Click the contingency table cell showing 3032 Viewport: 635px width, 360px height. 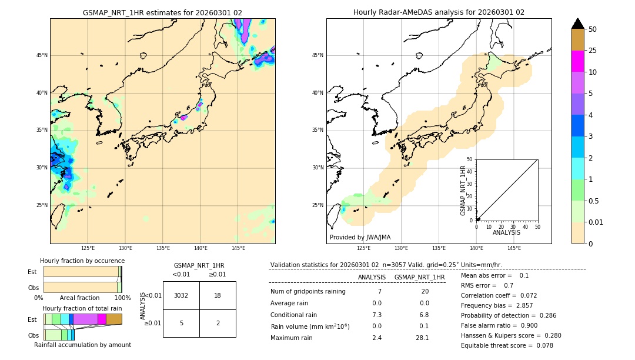(181, 295)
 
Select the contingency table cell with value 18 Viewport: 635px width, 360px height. (218, 295)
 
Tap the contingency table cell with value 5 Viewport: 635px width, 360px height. (181, 323)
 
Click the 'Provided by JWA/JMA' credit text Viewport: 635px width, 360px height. (360, 237)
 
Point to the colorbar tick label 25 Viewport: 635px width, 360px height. (593, 51)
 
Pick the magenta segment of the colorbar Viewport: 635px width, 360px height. (578, 61)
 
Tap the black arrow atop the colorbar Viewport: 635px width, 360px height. (578, 24)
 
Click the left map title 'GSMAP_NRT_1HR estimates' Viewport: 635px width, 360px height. (162, 12)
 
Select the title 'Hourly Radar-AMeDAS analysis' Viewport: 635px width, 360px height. (439, 12)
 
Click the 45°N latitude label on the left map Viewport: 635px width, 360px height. (42, 55)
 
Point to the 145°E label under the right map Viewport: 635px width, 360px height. (514, 248)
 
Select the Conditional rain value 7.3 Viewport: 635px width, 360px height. (377, 315)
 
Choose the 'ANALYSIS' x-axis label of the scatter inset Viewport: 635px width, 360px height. (506, 233)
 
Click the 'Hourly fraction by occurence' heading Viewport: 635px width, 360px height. (82, 261)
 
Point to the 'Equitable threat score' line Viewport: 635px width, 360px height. (507, 345)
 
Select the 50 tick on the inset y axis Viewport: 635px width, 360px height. (469, 159)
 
